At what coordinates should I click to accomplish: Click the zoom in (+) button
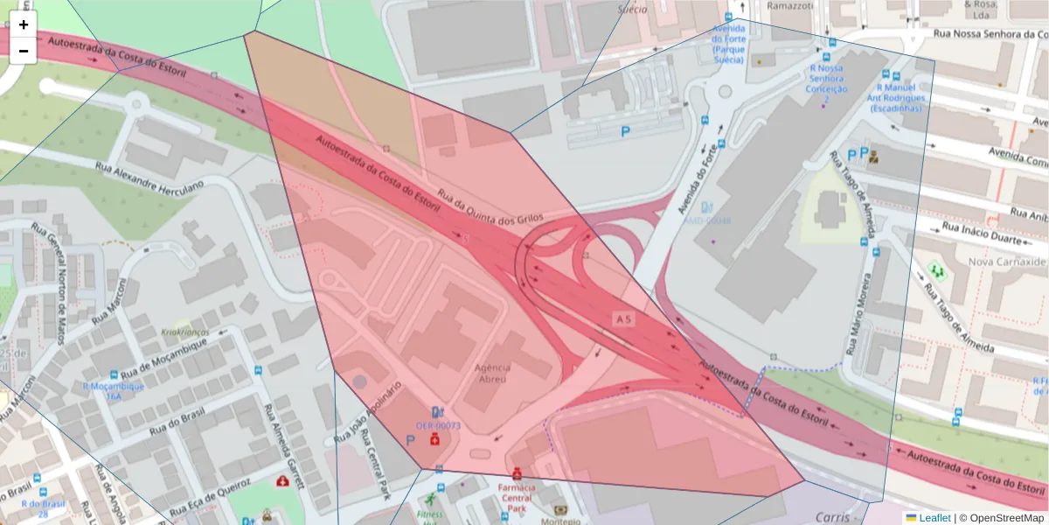pos(24,24)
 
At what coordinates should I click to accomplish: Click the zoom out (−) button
pos(24,51)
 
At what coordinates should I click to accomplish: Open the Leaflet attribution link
pos(934,518)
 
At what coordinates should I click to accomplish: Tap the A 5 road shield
pos(623,318)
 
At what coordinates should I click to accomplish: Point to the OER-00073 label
pos(438,425)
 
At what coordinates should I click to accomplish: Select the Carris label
pos(831,516)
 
